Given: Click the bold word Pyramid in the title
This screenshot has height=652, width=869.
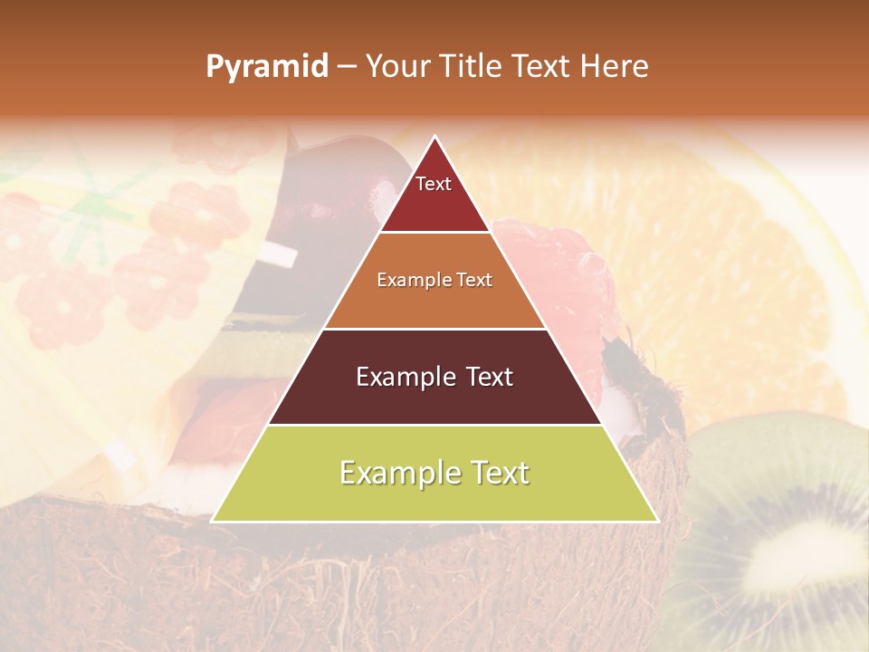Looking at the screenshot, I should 267,66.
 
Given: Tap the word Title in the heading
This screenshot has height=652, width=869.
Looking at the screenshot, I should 470,66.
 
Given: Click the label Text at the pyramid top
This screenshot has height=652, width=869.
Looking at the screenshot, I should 434,184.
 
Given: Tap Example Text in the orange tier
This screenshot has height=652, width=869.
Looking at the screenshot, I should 434,280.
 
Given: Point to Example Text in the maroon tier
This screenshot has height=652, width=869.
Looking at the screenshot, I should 434,377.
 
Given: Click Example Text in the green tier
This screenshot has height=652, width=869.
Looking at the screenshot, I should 434,473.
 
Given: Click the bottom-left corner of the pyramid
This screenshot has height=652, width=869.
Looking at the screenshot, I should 213,521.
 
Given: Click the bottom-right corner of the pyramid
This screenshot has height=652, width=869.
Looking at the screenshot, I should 657,521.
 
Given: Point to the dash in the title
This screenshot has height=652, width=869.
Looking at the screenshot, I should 347,67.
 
